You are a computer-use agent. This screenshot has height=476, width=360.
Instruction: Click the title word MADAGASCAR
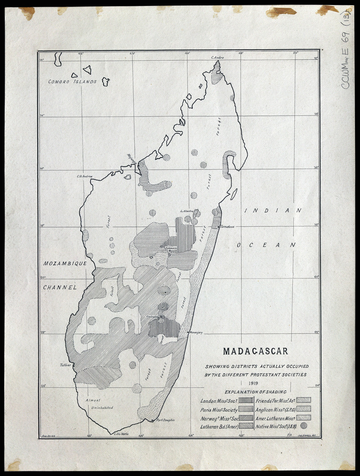[x=256, y=351]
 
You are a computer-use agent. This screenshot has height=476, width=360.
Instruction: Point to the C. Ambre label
[x=217, y=58]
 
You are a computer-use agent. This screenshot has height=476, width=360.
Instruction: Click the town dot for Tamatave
[x=219, y=226]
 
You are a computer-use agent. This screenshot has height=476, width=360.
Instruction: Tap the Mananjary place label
[x=197, y=333]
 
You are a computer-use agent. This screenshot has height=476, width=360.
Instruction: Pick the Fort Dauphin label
[x=165, y=420]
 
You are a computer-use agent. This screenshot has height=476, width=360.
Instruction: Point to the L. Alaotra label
[x=187, y=211]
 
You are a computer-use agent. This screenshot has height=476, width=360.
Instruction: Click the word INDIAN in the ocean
[x=273, y=211]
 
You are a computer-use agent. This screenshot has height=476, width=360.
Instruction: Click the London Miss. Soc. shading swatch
[x=246, y=400]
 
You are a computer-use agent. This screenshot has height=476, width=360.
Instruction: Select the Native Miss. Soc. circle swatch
[x=304, y=425]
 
